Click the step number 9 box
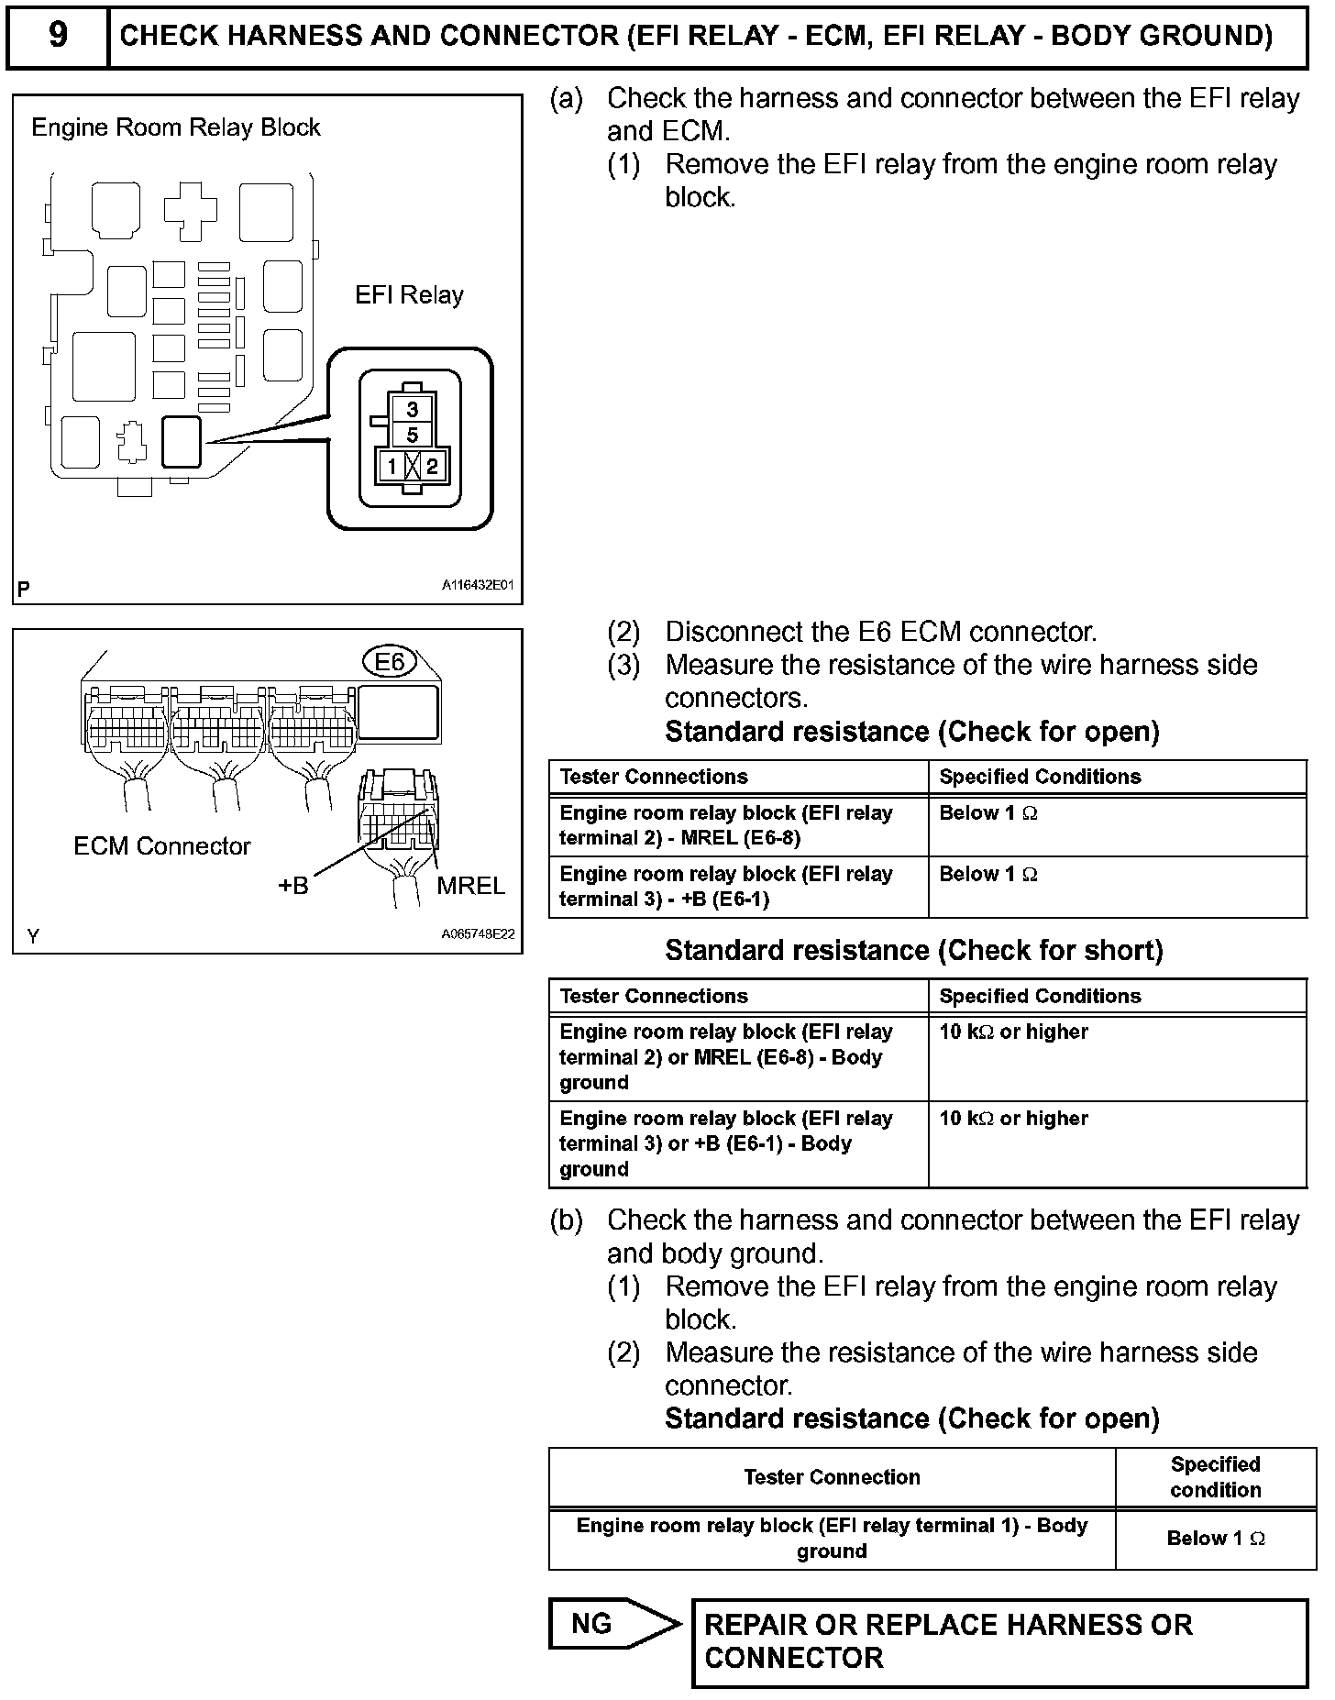click(x=57, y=36)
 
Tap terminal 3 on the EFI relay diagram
click(x=413, y=409)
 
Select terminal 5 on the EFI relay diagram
click(x=413, y=435)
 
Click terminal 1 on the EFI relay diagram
click(x=392, y=467)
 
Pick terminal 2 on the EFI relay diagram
click(x=432, y=467)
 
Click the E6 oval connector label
click(x=390, y=661)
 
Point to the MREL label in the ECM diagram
click(x=470, y=886)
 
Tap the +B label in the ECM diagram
click(x=293, y=886)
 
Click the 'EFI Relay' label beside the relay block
click(x=409, y=295)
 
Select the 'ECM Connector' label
click(x=161, y=846)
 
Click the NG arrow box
click(x=612, y=1624)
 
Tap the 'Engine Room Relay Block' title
click(x=176, y=127)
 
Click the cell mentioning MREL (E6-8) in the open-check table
click(x=738, y=825)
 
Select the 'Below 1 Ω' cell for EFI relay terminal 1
click(x=1215, y=1538)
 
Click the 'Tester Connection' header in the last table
click(x=832, y=1476)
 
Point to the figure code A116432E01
click(x=478, y=585)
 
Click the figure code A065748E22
click(x=478, y=934)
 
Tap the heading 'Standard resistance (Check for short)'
click(x=913, y=950)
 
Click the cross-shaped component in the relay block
click(x=191, y=209)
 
